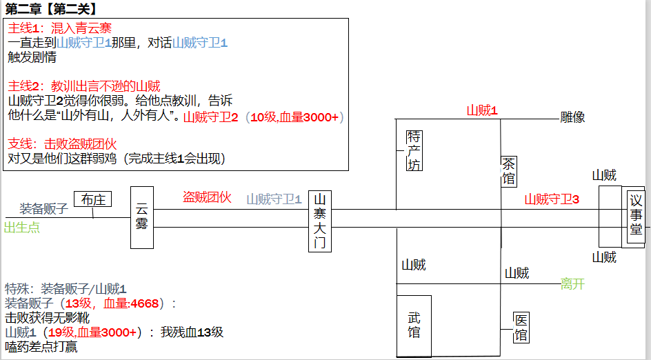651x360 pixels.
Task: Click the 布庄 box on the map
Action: tap(92, 199)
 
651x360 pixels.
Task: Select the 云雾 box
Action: tap(142, 217)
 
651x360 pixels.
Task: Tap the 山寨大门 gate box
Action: tap(319, 221)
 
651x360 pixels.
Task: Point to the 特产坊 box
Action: tap(414, 150)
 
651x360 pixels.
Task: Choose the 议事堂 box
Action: tap(635, 214)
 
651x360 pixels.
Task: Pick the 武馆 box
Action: tap(414, 325)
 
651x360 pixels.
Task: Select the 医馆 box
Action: tap(521, 328)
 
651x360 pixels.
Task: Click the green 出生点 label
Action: tap(21, 227)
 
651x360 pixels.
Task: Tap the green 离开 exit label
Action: tap(572, 283)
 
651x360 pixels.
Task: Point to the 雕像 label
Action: tap(572, 117)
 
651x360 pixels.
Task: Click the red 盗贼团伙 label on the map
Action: tap(207, 197)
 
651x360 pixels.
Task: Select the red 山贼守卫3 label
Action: tap(552, 199)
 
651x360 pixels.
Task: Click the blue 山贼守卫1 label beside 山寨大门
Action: tap(274, 199)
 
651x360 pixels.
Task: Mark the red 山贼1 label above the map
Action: tap(482, 110)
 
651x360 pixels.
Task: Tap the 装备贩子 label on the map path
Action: tap(43, 209)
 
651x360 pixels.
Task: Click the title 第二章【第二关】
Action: tap(50, 9)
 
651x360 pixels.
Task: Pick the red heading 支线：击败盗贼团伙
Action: tap(62, 144)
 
